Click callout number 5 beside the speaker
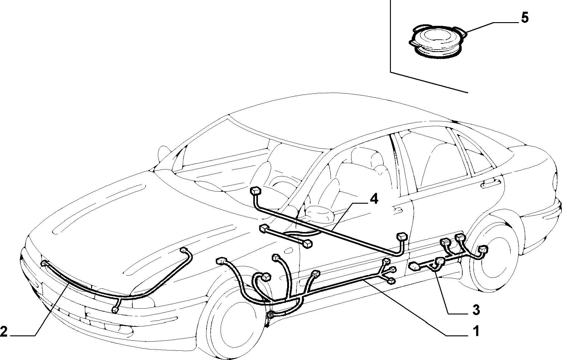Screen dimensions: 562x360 coord(524,18)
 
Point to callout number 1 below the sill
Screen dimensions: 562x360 coord(476,331)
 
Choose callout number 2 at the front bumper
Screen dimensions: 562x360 coord(4,331)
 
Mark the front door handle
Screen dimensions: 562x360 coord(397,209)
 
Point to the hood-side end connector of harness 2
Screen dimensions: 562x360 coord(184,250)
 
